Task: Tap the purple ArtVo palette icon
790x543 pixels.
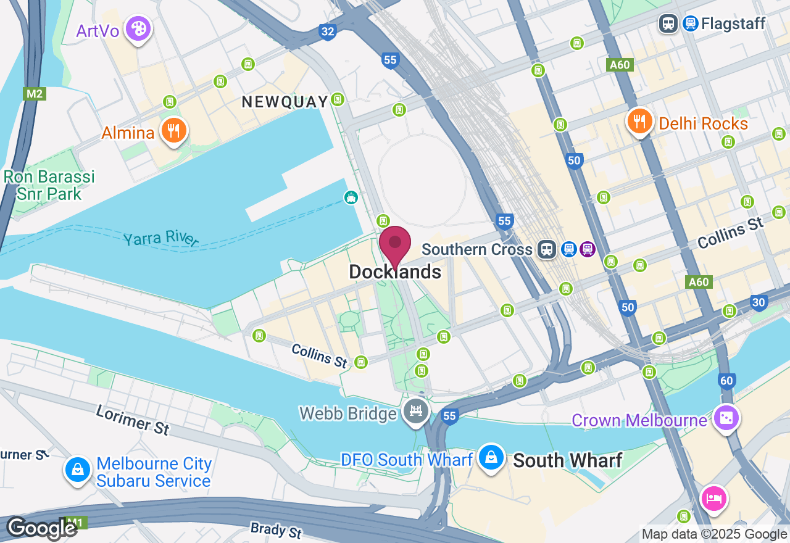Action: [x=138, y=28]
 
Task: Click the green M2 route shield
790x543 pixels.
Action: [x=35, y=94]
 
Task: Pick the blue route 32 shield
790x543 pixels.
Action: [x=328, y=32]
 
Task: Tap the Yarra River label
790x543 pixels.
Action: [x=160, y=239]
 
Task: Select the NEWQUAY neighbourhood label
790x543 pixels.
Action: [x=285, y=102]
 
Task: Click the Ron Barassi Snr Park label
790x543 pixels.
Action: [x=49, y=185]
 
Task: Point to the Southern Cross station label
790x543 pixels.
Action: [x=476, y=249]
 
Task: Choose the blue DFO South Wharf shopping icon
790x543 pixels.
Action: [x=491, y=458]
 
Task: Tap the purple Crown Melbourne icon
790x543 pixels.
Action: [x=726, y=418]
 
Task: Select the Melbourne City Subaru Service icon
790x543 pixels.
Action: [x=78, y=470]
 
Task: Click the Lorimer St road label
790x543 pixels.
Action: [x=132, y=420]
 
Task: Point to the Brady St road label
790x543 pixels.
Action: [x=276, y=529]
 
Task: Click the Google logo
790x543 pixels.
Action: [x=41, y=528]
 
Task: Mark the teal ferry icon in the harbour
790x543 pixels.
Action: [x=351, y=197]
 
